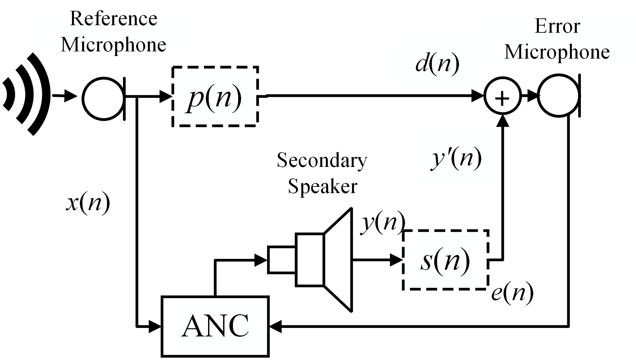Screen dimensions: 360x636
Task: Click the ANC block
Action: pyautogui.click(x=215, y=326)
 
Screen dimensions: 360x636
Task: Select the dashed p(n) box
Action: pyautogui.click(x=215, y=97)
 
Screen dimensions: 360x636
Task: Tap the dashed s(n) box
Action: pyautogui.click(x=445, y=260)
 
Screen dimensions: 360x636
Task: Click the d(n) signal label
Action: pyautogui.click(x=437, y=64)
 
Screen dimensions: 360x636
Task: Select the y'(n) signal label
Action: pyautogui.click(x=456, y=159)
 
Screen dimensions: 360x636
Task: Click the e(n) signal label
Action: pyautogui.click(x=512, y=292)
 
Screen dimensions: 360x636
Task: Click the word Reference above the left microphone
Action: pyautogui.click(x=114, y=19)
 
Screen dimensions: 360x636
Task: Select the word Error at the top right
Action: pyautogui.click(x=557, y=26)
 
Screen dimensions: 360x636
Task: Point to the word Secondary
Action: pyautogui.click(x=322, y=161)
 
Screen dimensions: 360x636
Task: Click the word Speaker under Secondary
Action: pyautogui.click(x=322, y=186)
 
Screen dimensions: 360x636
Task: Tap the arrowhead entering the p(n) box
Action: pyautogui.click(x=166, y=97)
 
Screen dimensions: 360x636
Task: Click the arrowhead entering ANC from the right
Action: pyautogui.click(x=275, y=326)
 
